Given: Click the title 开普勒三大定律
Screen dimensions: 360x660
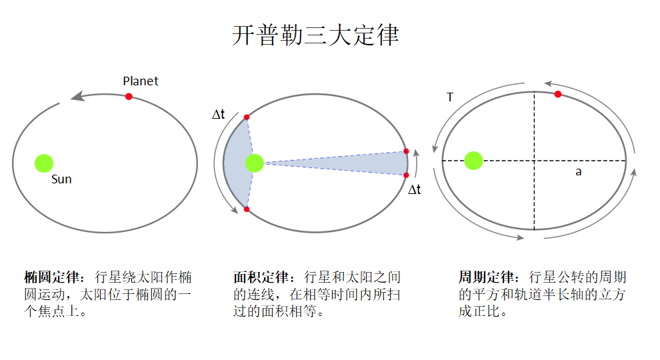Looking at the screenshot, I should coord(315,35).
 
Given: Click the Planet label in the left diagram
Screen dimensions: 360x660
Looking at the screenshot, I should coord(141,81).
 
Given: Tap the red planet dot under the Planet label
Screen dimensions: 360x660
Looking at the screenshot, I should coord(129,97).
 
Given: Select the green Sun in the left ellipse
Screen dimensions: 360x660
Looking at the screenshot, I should coord(44,163).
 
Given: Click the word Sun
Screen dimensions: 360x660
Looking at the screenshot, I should coord(61,179).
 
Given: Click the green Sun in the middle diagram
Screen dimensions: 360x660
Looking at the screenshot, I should coord(254,163).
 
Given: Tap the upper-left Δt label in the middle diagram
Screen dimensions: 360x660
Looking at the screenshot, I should coord(219,115).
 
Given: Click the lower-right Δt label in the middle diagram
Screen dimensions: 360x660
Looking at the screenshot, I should coord(414,190).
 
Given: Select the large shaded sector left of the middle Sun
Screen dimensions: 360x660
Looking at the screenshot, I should coord(235,163).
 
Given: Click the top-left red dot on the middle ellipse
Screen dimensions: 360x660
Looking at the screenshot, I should coord(247,117).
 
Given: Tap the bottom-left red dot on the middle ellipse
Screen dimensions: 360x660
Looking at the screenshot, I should coord(247,209).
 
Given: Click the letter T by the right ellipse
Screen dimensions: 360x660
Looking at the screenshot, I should coord(450,97).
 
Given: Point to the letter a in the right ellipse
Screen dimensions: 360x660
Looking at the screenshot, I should coord(579,172).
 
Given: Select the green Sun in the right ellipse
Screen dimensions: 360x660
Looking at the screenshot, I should coord(473,161).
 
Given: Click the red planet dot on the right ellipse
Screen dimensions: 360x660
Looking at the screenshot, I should coord(558,94).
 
